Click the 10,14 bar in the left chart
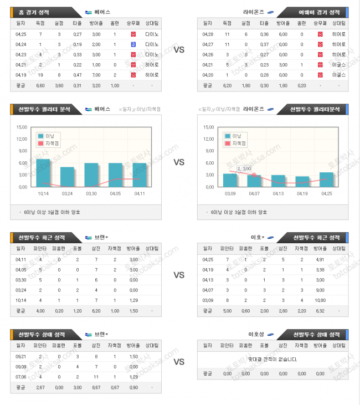pos(43,173)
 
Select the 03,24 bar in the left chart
pos(67,177)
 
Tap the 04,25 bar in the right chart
pos(326,180)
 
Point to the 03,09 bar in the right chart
pos(230,180)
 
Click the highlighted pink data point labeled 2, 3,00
pos(253,175)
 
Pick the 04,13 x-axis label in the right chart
pos(278,193)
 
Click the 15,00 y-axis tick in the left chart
pos(22,127)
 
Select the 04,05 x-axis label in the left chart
pos(115,193)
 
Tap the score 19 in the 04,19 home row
pos(40,75)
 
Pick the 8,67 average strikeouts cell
pos(95,388)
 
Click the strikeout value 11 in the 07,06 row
pos(95,377)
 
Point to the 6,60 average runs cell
pos(40,85)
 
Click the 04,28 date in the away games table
pos(207,34)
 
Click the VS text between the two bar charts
pos(179,162)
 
